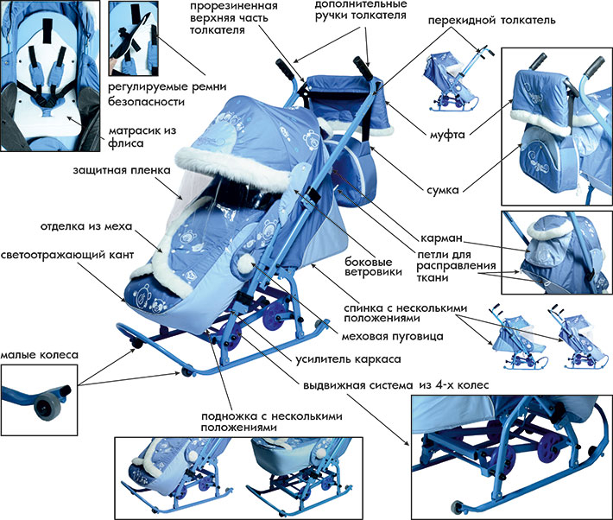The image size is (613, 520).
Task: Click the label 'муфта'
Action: pyautogui.click(x=447, y=135)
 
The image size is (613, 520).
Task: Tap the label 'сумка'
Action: pyautogui.click(x=443, y=190)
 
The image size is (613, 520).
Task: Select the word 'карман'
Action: pyautogui.click(x=441, y=238)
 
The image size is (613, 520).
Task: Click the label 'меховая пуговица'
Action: pyautogui.click(x=393, y=337)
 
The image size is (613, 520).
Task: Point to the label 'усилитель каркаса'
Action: pyautogui.click(x=348, y=359)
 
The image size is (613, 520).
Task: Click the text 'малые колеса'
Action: pyautogui.click(x=39, y=355)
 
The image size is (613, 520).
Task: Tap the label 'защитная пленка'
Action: pyautogui.click(x=122, y=170)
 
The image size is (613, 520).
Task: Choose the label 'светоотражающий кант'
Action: pyautogui.click(x=67, y=255)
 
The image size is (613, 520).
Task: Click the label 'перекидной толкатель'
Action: pyautogui.click(x=491, y=21)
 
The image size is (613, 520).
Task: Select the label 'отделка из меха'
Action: pyautogui.click(x=86, y=226)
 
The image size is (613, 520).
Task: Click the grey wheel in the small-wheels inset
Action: pyautogui.click(x=46, y=406)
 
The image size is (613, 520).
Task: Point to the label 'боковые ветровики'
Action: pyautogui.click(x=373, y=267)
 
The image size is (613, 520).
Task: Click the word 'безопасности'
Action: pyautogui.click(x=146, y=102)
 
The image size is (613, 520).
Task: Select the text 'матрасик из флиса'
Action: pyautogui.click(x=142, y=137)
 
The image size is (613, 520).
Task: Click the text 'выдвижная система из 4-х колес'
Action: pyautogui.click(x=396, y=385)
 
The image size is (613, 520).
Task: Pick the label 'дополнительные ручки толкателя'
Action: pyautogui.click(x=361, y=10)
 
